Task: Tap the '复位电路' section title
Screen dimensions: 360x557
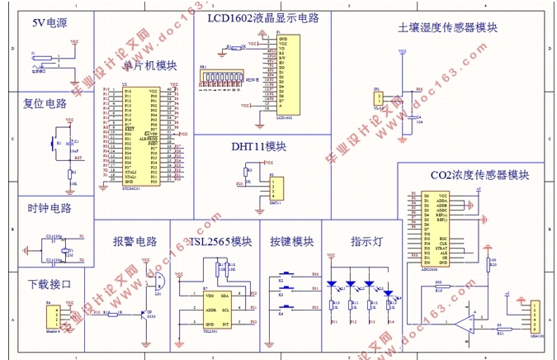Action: [x=45, y=104]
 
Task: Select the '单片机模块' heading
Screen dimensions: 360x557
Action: [x=149, y=65]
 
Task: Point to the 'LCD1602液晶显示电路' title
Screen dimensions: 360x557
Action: [x=262, y=17]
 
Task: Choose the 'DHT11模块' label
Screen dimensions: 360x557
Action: [x=258, y=146]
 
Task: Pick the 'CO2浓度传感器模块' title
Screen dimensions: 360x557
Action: [x=479, y=175]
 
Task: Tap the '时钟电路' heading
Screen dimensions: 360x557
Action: [x=50, y=208]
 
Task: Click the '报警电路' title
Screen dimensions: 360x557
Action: [x=135, y=242]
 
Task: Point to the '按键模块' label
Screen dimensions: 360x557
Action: [x=291, y=242]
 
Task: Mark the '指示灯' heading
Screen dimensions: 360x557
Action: [x=366, y=242]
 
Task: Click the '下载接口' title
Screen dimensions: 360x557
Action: [x=50, y=284]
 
